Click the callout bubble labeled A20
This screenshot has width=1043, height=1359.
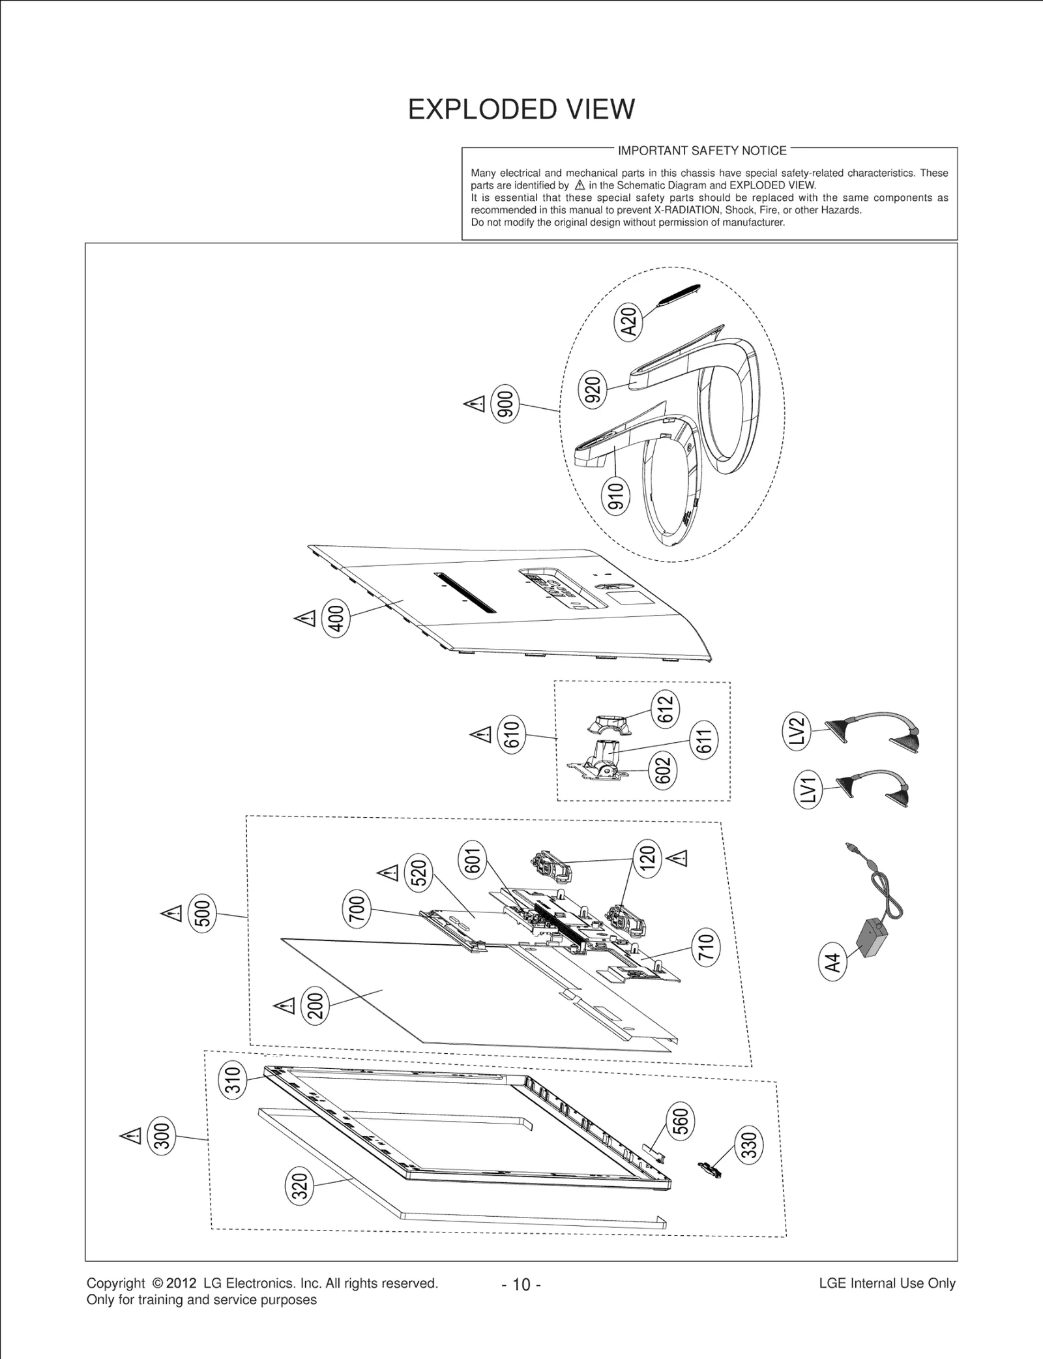[x=629, y=321]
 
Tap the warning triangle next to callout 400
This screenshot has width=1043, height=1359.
[x=305, y=618]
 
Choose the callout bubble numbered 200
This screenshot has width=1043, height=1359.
[x=316, y=1006]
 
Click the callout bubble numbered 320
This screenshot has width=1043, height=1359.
[x=300, y=1186]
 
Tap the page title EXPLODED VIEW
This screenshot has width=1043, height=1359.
[x=521, y=110]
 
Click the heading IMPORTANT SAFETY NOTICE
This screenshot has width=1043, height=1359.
[x=702, y=151]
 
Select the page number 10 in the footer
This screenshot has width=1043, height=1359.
[x=521, y=1285]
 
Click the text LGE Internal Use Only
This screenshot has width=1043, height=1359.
[x=887, y=1283]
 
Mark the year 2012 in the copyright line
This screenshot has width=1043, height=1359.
[x=181, y=1283]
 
